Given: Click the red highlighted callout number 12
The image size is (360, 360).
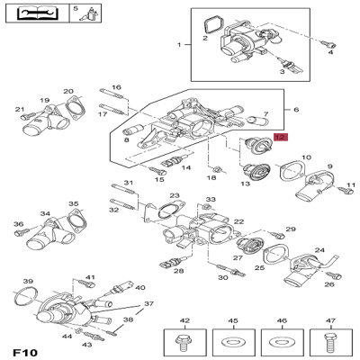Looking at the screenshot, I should point(280,139).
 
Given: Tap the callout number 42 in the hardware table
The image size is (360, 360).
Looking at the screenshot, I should point(185,320).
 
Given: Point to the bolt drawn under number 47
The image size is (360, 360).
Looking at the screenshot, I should point(328,343).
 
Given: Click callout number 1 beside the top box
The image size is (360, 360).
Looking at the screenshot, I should point(179,44).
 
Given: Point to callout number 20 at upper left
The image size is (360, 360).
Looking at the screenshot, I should point(67,92).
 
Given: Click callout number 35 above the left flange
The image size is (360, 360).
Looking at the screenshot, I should point(73,204).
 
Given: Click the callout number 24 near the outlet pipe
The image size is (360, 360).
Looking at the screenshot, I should point(319,251).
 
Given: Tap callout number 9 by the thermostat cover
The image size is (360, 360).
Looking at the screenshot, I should point(329,166).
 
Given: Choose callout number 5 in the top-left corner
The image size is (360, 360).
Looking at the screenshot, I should point(75,8).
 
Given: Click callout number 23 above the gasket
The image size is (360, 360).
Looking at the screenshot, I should point(174,196).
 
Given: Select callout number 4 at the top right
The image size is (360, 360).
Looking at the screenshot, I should point(330,53).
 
